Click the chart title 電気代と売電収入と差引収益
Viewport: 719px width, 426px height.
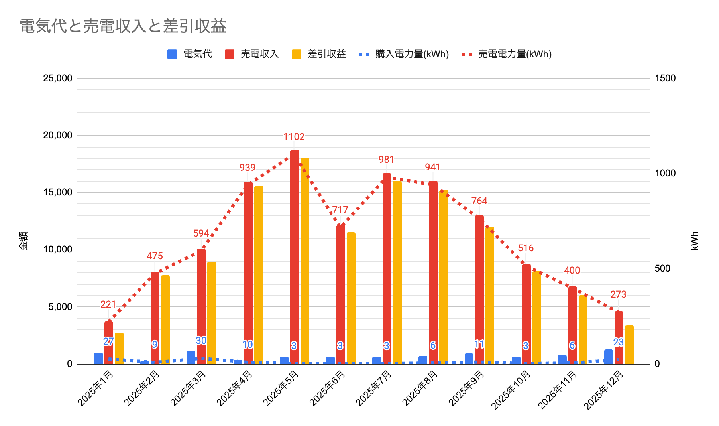pyautogui.click(x=123, y=26)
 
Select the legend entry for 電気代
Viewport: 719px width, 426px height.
pyautogui.click(x=190, y=54)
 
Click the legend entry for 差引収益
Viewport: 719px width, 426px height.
pyautogui.click(x=319, y=54)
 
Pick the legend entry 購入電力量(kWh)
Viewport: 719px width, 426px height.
pyautogui.click(x=404, y=54)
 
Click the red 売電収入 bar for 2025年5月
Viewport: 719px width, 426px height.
pyautogui.click(x=294, y=255)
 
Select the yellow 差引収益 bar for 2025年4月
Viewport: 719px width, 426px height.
pyautogui.click(x=259, y=275)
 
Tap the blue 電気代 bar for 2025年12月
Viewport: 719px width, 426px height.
pyautogui.click(x=608, y=357)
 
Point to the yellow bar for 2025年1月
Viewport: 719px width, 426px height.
pyautogui.click(x=119, y=348)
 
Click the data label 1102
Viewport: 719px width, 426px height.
pyautogui.click(x=294, y=137)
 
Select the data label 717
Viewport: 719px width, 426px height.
pyautogui.click(x=340, y=210)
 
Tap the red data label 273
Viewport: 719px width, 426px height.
pyautogui.click(x=618, y=294)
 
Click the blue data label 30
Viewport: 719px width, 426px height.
pyautogui.click(x=201, y=341)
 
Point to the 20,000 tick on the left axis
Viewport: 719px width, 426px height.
pyautogui.click(x=58, y=135)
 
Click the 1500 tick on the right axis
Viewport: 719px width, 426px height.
pyautogui.click(x=665, y=78)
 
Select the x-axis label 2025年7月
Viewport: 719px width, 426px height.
pyautogui.click(x=374, y=388)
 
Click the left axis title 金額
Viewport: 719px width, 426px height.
pyautogui.click(x=24, y=241)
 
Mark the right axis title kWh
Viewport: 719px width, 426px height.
pyautogui.click(x=695, y=241)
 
